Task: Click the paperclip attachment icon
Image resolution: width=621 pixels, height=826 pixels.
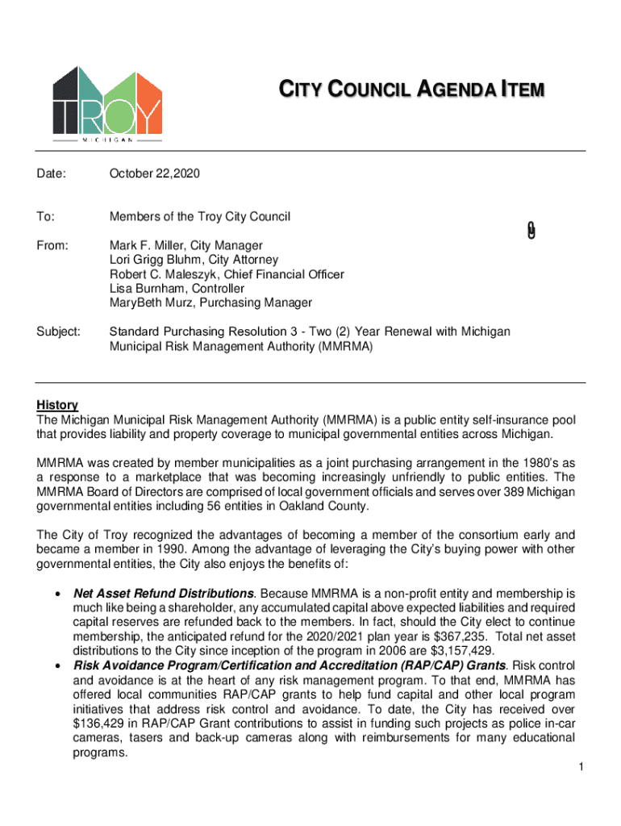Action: pos(530,230)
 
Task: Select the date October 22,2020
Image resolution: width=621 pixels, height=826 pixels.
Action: pos(155,173)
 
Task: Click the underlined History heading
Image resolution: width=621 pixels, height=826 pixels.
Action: pos(57,405)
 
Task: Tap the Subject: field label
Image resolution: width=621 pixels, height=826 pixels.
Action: pos(59,332)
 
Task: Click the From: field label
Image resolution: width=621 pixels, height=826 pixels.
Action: pos(52,245)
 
